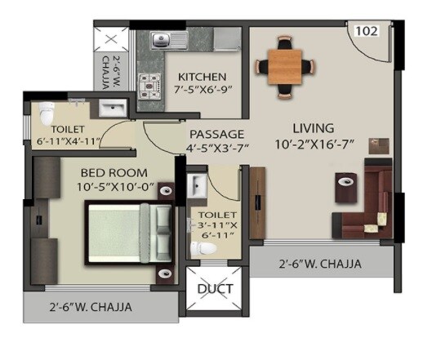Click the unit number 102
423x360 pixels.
pyautogui.click(x=366, y=32)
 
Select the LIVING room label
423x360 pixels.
pyautogui.click(x=314, y=128)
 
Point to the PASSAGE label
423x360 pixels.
pyautogui.click(x=216, y=134)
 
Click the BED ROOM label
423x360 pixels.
pyautogui.click(x=114, y=172)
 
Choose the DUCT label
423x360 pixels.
pyautogui.click(x=216, y=289)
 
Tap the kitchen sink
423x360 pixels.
pyautogui.click(x=160, y=38)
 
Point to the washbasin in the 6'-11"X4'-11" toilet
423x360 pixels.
pyautogui.click(x=114, y=109)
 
